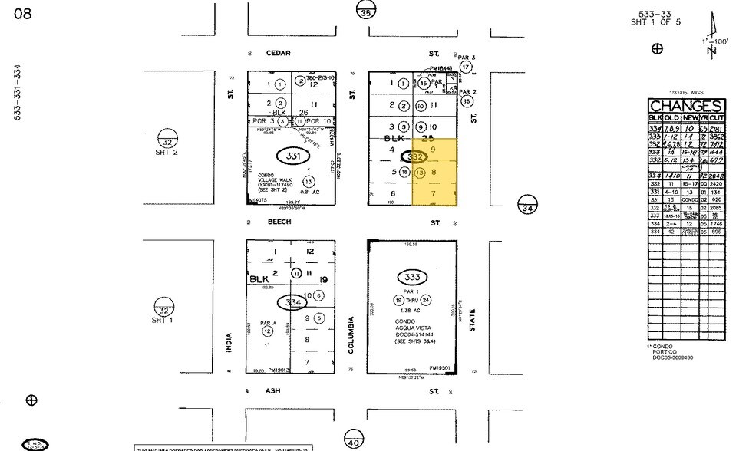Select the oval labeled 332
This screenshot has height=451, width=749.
point(416,156)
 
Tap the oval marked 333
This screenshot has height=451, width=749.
point(413,277)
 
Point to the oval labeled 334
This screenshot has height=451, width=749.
point(292,302)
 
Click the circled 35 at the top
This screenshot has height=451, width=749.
point(367,11)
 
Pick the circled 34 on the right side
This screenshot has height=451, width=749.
point(526,207)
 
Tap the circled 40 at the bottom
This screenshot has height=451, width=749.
point(354,443)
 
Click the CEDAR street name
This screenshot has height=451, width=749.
point(276,53)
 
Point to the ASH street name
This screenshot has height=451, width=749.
point(273,390)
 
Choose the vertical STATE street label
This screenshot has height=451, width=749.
point(473,321)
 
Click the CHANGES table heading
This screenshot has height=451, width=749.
point(685,107)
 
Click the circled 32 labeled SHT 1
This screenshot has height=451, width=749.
point(163,307)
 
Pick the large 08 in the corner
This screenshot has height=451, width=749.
point(22,14)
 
